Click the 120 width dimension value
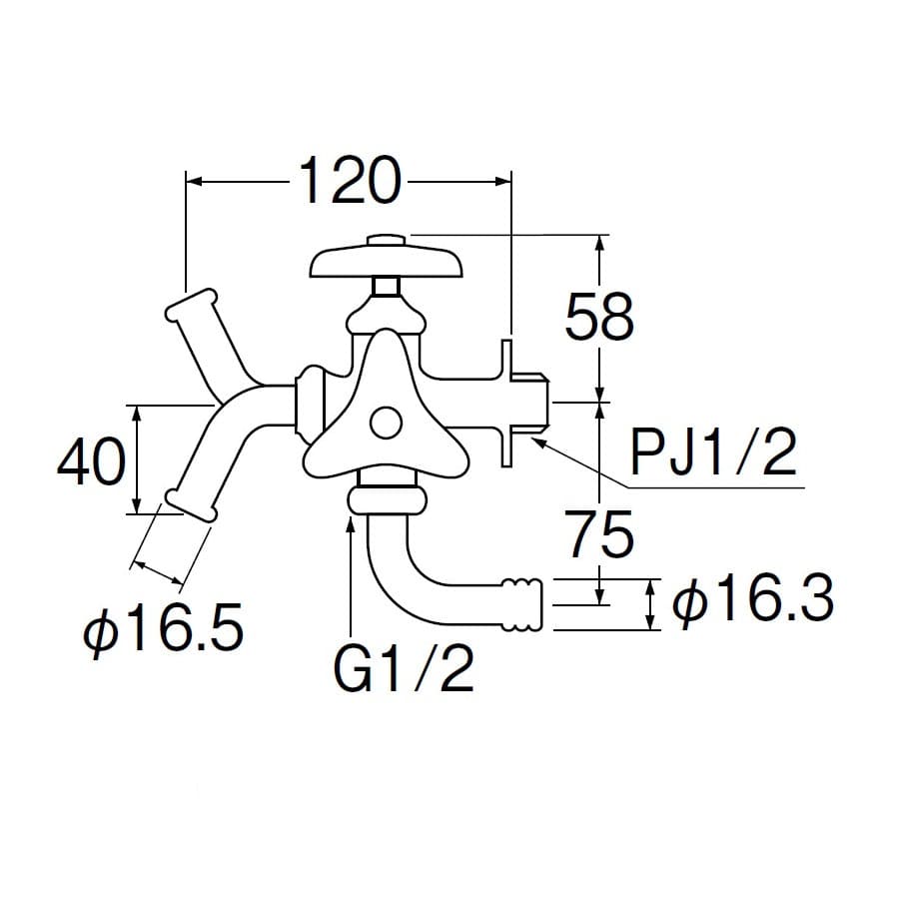[x=350, y=181]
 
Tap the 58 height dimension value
[x=599, y=316]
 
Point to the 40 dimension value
[x=92, y=460]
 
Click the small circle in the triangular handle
[x=386, y=424]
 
